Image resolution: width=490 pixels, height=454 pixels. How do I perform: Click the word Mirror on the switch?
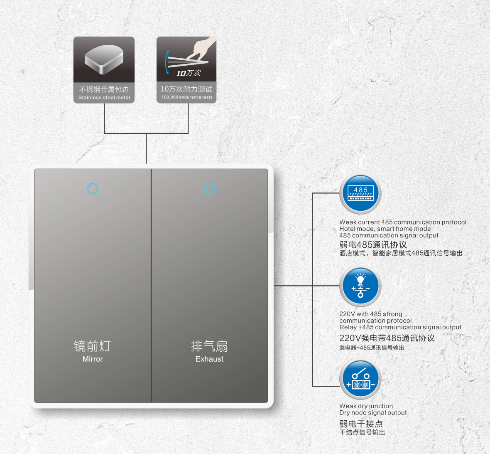(x=93, y=359)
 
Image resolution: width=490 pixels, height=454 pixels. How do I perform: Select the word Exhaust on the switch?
(x=209, y=359)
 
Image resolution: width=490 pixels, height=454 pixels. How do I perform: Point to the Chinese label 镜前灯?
(x=92, y=346)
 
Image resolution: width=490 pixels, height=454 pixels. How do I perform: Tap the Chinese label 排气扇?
(x=209, y=346)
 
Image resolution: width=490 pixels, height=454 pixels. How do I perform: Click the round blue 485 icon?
(x=360, y=194)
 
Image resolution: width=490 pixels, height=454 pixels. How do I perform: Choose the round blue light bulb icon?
(x=360, y=286)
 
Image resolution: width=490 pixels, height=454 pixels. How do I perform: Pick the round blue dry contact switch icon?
(x=360, y=379)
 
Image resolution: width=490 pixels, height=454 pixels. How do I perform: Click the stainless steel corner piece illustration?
(x=104, y=59)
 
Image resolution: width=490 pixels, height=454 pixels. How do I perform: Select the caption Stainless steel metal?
(x=104, y=98)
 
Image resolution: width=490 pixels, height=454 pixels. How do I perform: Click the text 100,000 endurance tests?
(x=187, y=97)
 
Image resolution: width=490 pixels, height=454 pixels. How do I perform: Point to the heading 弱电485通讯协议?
(x=373, y=245)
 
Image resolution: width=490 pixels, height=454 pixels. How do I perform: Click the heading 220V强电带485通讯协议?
(x=387, y=338)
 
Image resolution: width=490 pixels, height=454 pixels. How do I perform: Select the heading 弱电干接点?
(x=361, y=424)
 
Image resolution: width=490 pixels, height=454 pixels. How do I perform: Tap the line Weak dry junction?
(x=366, y=406)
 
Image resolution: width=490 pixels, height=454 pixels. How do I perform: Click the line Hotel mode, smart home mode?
(x=385, y=229)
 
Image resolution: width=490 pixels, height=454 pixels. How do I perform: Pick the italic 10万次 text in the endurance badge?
(x=189, y=73)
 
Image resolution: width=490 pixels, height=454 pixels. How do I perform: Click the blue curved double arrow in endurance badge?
(x=167, y=62)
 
